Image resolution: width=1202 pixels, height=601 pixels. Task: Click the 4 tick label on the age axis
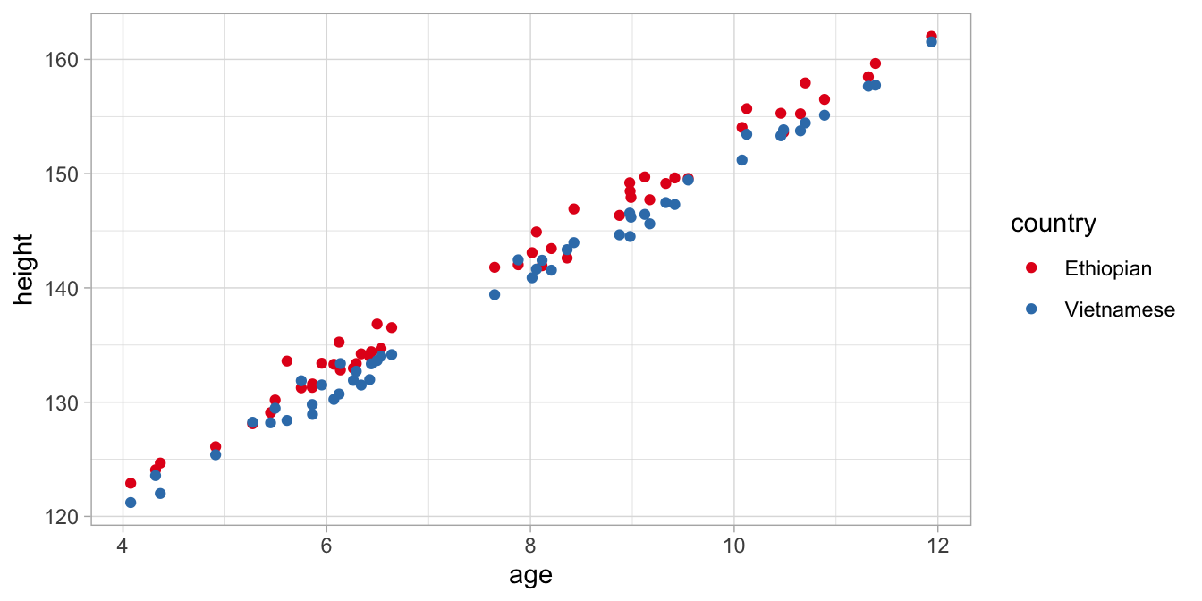(123, 545)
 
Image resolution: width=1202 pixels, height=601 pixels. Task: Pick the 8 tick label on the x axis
(530, 545)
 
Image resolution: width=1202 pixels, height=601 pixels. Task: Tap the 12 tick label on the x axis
(937, 545)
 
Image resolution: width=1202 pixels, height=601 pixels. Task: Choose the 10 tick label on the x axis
(733, 545)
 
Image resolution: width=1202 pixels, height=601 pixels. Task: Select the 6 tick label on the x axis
(326, 545)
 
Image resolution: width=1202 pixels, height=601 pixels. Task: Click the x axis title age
(530, 575)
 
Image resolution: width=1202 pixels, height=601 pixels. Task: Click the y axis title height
(24, 269)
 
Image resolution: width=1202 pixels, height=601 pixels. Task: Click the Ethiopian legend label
(1107, 268)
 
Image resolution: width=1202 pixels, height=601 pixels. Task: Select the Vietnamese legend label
(1119, 309)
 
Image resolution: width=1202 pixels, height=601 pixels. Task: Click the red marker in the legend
(1031, 268)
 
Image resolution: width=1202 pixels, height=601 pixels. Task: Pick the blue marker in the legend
(1031, 309)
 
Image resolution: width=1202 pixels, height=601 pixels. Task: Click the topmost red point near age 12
(931, 37)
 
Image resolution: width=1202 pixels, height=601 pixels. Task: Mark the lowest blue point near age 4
(131, 503)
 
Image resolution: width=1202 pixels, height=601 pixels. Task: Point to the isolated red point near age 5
(216, 446)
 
